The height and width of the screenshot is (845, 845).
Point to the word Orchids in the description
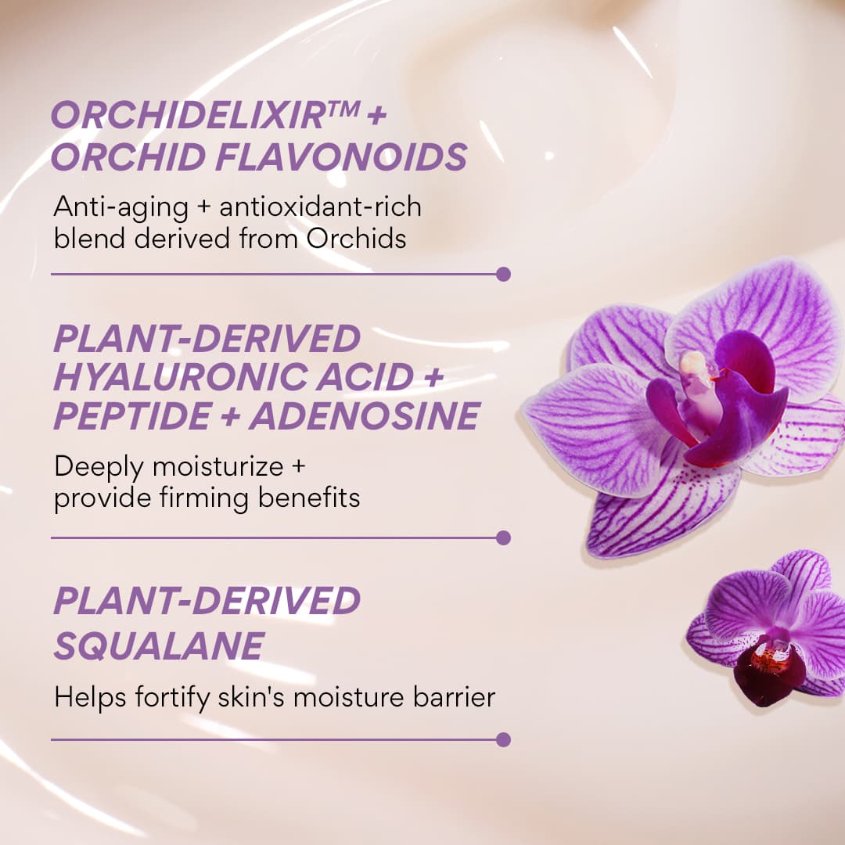pyautogui.click(x=356, y=238)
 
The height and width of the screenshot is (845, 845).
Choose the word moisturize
pyautogui.click(x=207, y=467)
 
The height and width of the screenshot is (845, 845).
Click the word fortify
pyautogui.click(x=164, y=697)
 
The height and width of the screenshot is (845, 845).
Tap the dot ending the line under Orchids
pyautogui.click(x=503, y=274)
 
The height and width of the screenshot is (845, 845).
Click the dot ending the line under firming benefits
pyautogui.click(x=503, y=538)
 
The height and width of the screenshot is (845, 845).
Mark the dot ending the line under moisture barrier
pyautogui.click(x=503, y=739)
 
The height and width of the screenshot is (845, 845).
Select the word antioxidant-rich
pyautogui.click(x=321, y=207)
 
